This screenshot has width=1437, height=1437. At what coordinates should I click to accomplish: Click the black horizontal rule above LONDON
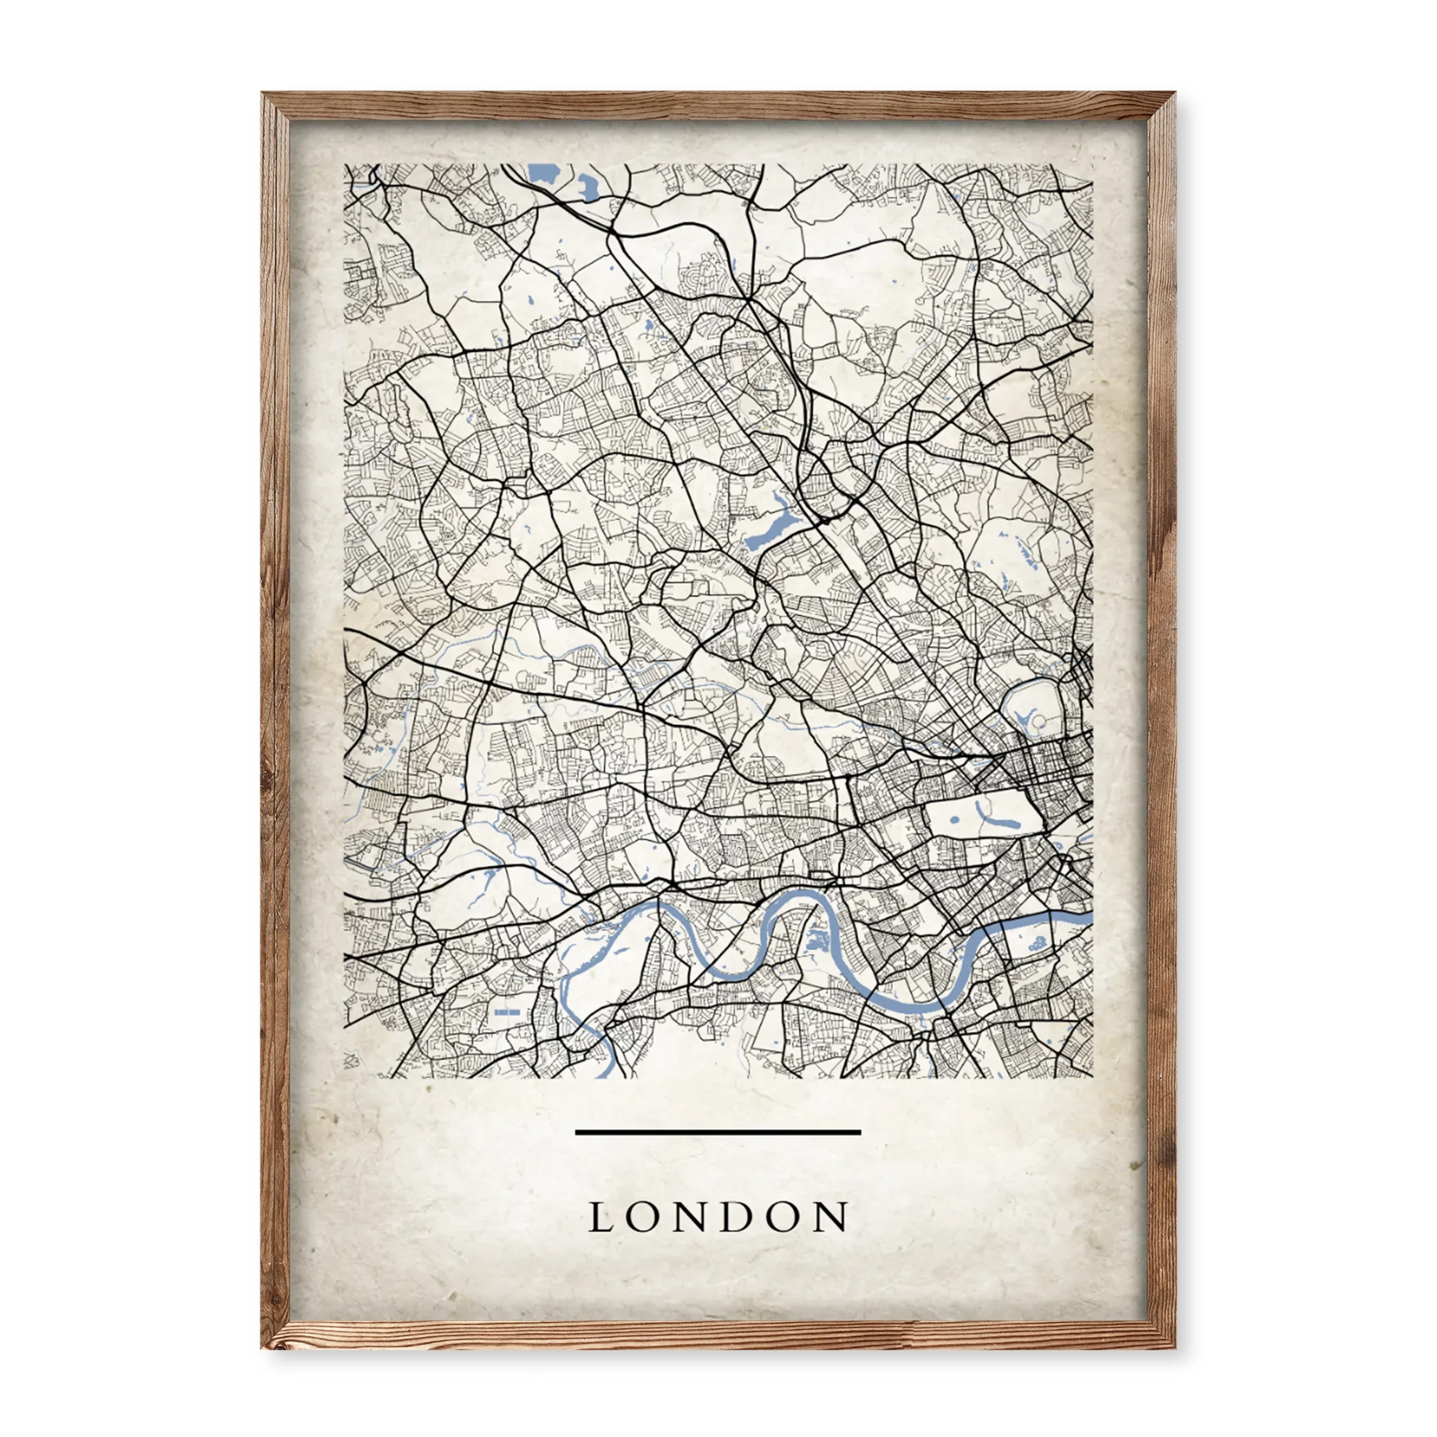click(x=718, y=1132)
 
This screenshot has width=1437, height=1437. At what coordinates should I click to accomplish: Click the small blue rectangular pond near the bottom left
click(x=508, y=1012)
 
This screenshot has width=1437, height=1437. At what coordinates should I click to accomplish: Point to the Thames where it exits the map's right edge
click(x=1088, y=919)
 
